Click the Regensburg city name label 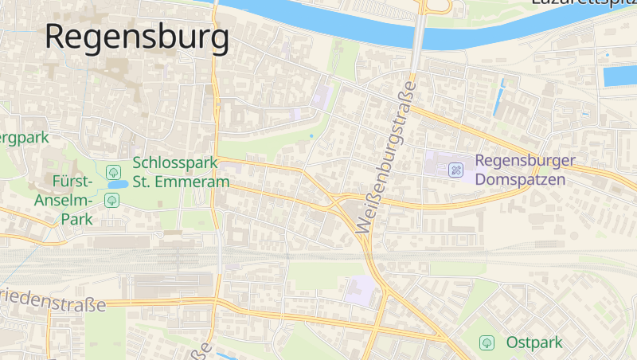click(137, 37)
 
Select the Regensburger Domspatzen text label click(524, 170)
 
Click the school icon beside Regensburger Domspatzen click(456, 170)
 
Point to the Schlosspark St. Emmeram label click(181, 172)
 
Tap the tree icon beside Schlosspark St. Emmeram click(113, 171)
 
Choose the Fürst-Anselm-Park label click(64, 199)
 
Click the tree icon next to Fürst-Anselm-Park click(112, 200)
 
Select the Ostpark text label click(534, 342)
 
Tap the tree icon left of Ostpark click(487, 342)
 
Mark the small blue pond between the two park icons click(116, 185)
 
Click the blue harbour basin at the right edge click(620, 76)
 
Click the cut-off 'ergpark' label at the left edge click(24, 137)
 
